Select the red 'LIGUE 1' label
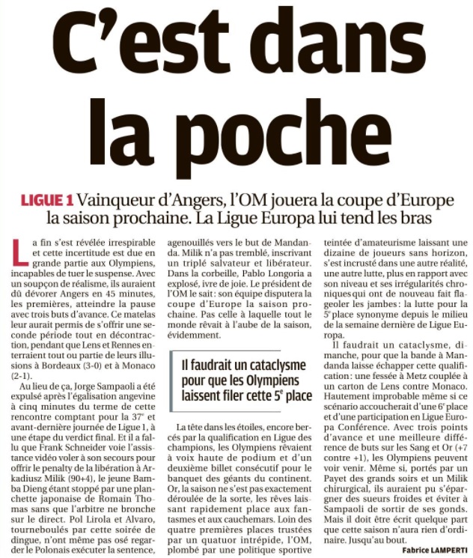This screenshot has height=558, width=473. click(46, 201)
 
